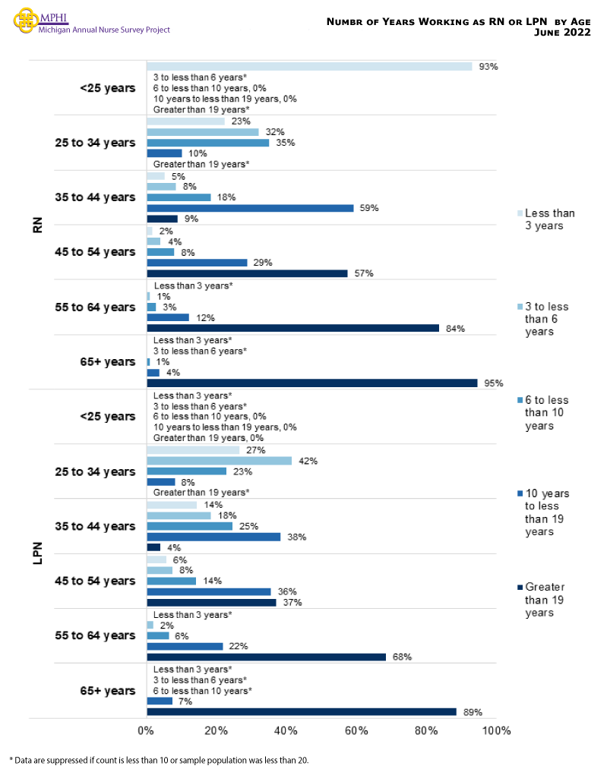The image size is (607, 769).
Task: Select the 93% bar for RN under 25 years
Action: [308, 67]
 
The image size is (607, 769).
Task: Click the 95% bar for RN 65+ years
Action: [311, 383]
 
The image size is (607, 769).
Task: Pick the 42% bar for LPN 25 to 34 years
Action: [219, 461]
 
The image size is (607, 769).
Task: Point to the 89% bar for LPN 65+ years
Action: [301, 712]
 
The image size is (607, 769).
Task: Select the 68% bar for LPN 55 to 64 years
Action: [266, 657]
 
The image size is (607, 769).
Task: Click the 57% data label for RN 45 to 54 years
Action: [364, 273]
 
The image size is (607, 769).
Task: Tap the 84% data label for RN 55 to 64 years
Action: [455, 329]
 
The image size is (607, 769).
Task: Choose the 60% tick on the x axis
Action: [356, 731]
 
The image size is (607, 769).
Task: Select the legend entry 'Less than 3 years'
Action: [549, 219]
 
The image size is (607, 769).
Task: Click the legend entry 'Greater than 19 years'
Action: [545, 600]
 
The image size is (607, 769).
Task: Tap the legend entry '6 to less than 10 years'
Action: [545, 413]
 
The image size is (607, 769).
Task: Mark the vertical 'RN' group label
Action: [37, 225]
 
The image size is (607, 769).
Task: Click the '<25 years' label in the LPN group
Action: [107, 417]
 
